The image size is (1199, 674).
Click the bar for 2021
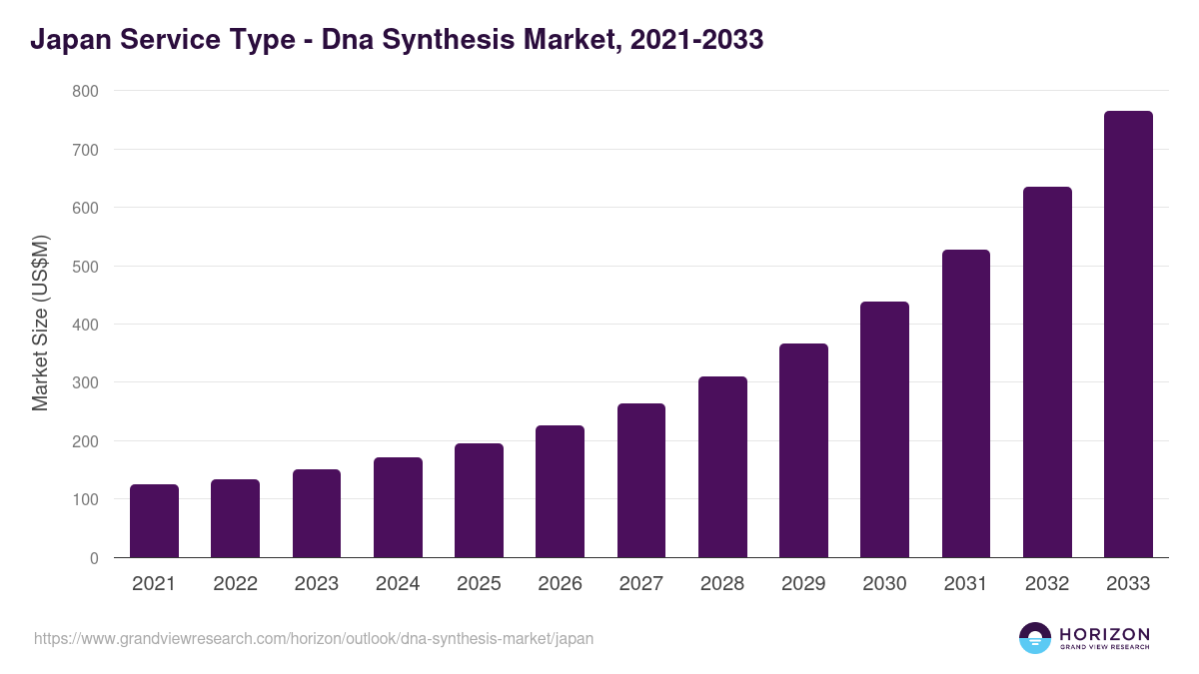click(x=154, y=521)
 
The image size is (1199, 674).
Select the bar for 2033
click(x=1128, y=335)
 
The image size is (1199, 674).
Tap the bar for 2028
click(x=722, y=467)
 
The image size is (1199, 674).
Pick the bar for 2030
click(x=884, y=429)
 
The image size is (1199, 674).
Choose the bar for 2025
click(x=479, y=500)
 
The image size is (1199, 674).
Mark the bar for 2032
click(x=1047, y=372)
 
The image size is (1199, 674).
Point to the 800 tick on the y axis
click(x=86, y=91)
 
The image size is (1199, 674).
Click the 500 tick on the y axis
click(x=86, y=267)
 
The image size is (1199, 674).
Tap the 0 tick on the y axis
click(x=94, y=558)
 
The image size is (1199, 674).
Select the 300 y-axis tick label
click(x=86, y=383)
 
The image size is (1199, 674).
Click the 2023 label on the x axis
click(x=317, y=584)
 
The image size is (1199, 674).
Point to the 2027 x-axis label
click(x=640, y=584)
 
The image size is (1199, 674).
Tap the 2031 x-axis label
click(x=965, y=584)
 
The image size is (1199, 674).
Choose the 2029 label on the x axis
click(x=803, y=584)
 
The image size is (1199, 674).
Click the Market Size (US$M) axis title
click(x=40, y=324)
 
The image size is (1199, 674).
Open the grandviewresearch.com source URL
click(x=314, y=638)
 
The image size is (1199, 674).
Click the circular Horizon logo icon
click(x=1035, y=638)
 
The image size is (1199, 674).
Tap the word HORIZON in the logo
click(x=1104, y=633)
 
